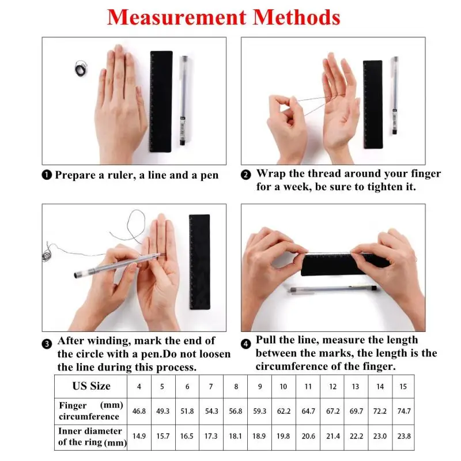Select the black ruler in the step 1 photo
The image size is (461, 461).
161,101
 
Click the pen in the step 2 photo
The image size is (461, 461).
395,95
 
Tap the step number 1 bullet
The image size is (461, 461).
48,175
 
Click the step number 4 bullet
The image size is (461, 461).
246,343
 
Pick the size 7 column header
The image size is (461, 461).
211,387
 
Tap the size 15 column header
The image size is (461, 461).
404,387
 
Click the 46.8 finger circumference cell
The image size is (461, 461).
138,411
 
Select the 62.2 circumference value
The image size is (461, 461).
283,411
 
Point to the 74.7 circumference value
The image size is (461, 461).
404,411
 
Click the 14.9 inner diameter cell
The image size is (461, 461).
138,437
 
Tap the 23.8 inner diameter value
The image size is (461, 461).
404,437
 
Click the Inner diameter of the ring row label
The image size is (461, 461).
91,437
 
